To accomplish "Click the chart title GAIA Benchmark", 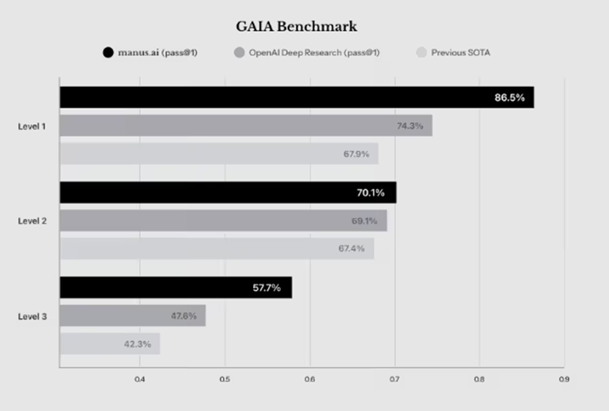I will [296, 26].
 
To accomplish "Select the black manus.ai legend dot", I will [108, 52].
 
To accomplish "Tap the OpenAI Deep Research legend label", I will [314, 52].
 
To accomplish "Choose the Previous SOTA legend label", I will [460, 52].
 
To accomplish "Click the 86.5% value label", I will [510, 97].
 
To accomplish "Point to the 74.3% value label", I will [410, 126].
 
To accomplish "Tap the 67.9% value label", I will [356, 154].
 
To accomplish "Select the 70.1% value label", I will [370, 192].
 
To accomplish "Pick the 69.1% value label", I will [364, 220].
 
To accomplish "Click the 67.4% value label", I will [352, 249].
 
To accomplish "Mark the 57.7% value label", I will [267, 288].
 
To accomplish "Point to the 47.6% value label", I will [184, 316].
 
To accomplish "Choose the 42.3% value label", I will [137, 344].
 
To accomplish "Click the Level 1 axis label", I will [32, 126].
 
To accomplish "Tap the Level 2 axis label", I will [32, 221].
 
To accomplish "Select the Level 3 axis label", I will [32, 317].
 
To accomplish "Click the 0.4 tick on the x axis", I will [139, 379].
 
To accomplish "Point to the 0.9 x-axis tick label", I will [564, 379].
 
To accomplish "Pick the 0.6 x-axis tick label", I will [309, 379].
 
